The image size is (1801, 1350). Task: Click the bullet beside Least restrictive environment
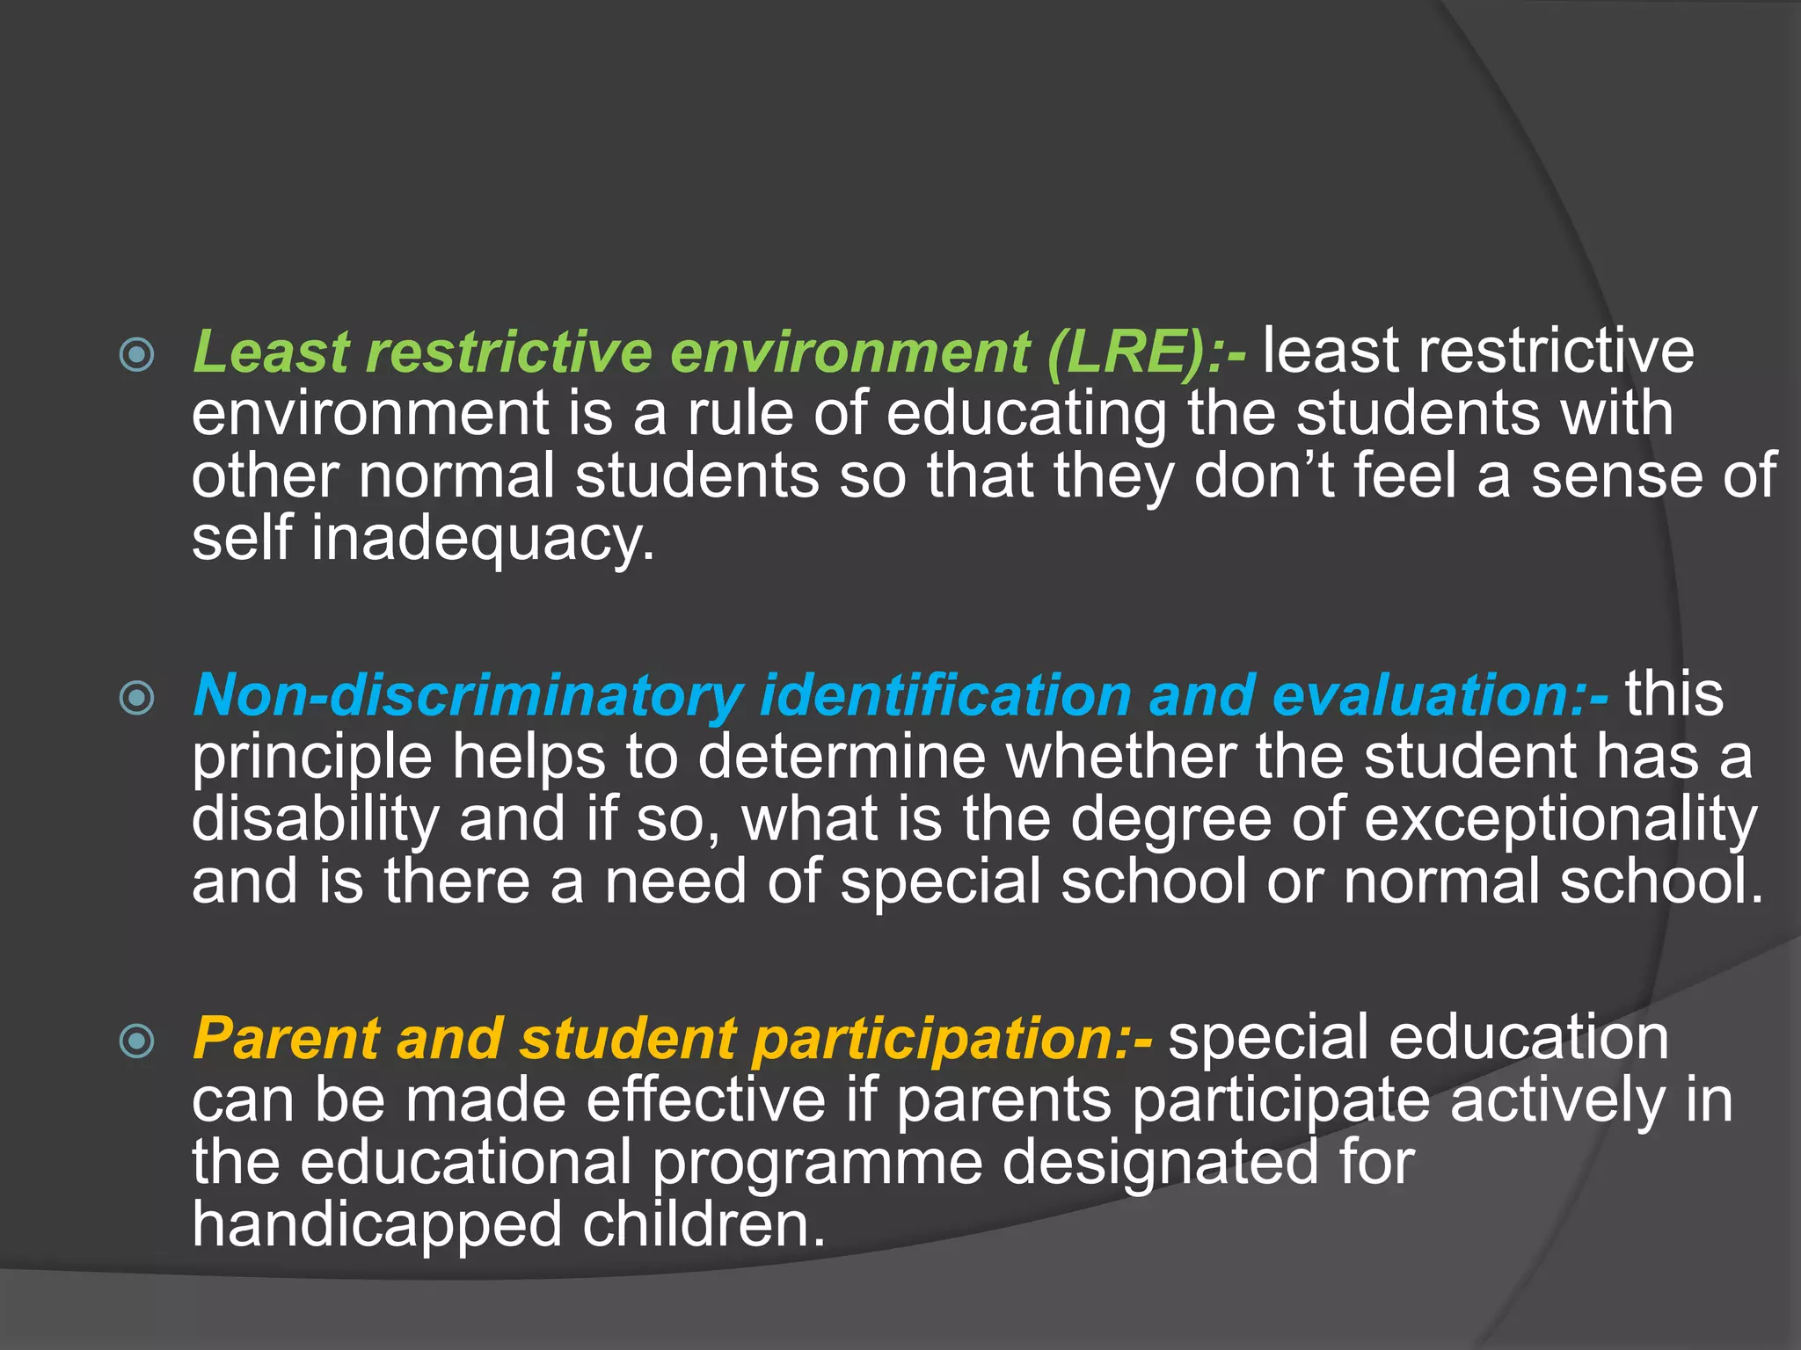(x=137, y=355)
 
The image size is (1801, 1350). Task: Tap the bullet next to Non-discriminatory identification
(x=137, y=699)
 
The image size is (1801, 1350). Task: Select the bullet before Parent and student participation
(x=137, y=1042)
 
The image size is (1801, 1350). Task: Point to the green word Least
(x=271, y=353)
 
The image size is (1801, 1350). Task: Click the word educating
(x=1025, y=415)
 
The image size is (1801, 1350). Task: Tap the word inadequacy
(x=483, y=539)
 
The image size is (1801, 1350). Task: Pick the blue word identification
(x=944, y=697)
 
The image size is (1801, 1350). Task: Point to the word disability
(x=315, y=820)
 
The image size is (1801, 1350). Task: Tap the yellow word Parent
(x=286, y=1040)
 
